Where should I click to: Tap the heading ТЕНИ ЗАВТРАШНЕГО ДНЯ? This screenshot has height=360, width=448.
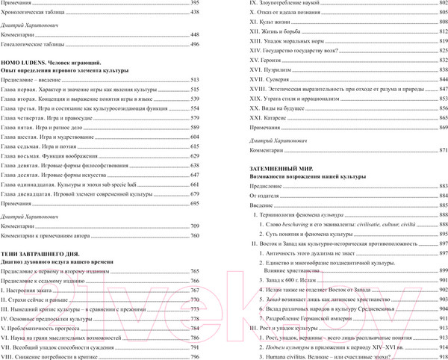click(46, 254)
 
